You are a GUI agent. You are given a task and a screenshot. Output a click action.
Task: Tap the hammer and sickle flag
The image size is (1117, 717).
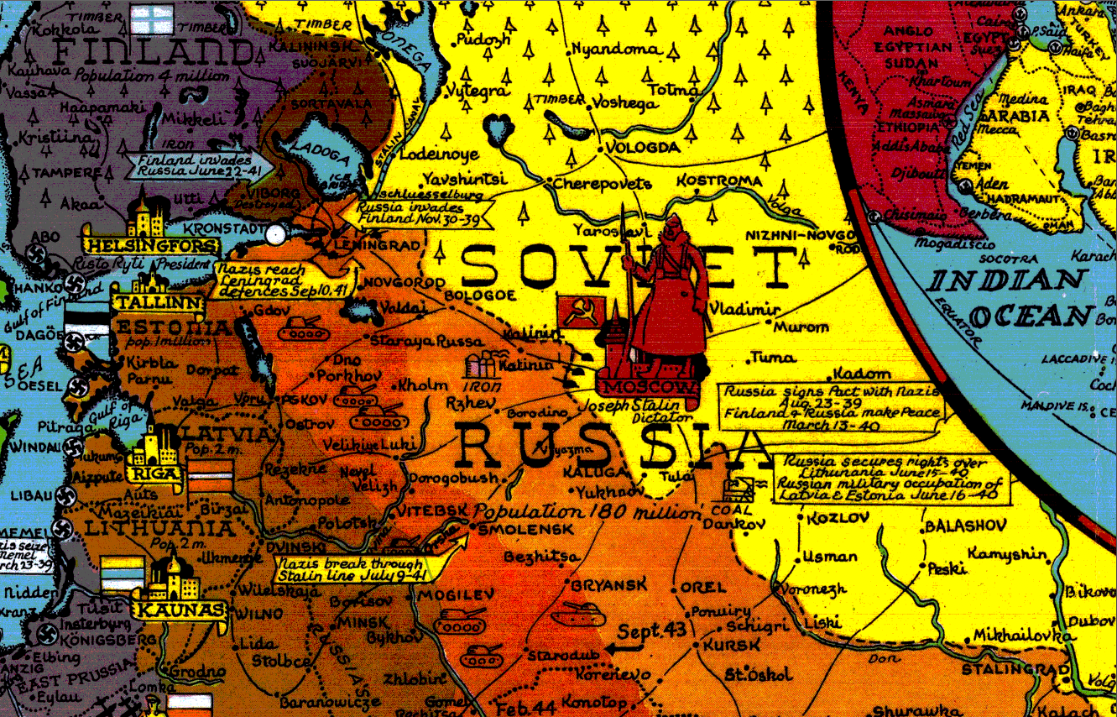[x=576, y=312]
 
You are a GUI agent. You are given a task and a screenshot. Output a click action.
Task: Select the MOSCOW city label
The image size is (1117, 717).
[x=647, y=387]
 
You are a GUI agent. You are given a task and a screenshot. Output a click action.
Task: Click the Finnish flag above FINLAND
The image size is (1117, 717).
[x=155, y=23]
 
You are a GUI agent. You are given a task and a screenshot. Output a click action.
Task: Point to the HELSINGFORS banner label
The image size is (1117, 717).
[x=151, y=245]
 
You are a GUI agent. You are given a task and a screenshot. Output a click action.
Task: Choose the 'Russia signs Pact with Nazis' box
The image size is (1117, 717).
[x=832, y=407]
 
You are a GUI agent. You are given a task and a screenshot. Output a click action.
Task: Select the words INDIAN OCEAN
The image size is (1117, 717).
[x=1012, y=297]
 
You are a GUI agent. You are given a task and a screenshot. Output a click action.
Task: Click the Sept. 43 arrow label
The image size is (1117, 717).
[x=655, y=631]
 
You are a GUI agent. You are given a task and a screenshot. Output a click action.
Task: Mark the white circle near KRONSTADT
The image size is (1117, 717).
[x=273, y=235]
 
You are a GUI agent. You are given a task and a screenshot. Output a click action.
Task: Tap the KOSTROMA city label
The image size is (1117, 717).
[x=719, y=181]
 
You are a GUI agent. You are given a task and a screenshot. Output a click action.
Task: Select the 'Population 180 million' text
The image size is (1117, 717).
[x=586, y=512]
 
